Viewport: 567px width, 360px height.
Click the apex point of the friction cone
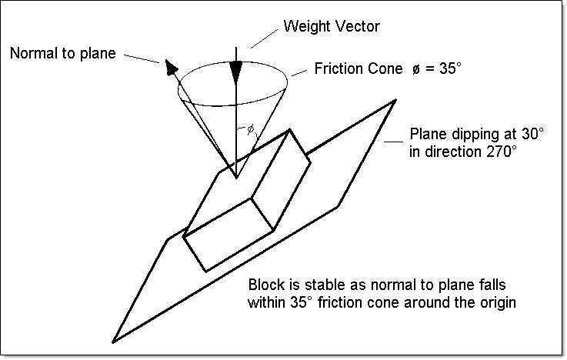(x=237, y=178)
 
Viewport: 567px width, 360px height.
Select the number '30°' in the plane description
(x=530, y=135)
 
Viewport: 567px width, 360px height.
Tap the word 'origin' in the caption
(x=498, y=302)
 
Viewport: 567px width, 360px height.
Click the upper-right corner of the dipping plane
(x=395, y=100)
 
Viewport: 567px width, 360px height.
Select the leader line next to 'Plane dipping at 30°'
(x=396, y=141)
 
